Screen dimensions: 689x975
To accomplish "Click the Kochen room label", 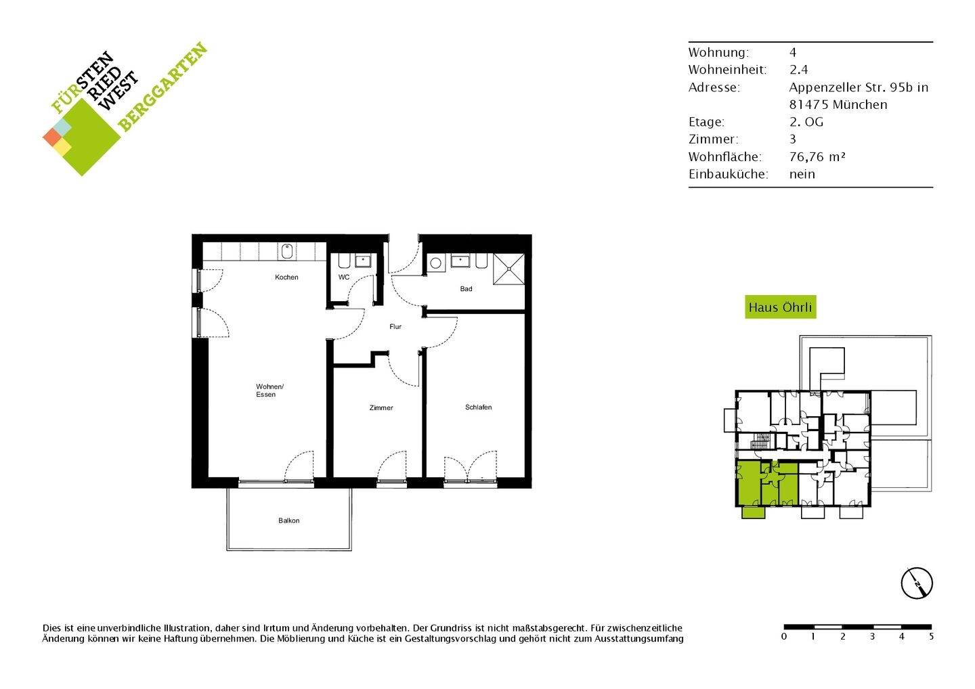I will [286, 277].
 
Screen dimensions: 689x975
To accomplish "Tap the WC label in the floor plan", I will [344, 277].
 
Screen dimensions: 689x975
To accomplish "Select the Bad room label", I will [466, 289].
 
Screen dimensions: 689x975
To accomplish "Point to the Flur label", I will [395, 327].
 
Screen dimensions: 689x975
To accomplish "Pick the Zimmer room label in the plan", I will [381, 408].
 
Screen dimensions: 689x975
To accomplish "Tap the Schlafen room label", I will [478, 407].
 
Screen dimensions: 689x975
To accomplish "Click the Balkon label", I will [288, 520].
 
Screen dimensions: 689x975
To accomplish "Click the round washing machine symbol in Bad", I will [435, 263].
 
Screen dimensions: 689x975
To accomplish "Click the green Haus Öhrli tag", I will [780, 307].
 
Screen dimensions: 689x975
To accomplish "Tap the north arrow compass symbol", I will [917, 582].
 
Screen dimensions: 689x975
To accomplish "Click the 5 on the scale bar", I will [931, 637].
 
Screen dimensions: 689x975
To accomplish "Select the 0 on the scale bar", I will [784, 637].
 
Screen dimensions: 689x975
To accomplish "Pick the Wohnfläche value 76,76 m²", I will [817, 157].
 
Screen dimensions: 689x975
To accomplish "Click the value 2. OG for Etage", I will [806, 123].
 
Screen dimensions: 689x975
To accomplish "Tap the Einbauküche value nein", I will [802, 174].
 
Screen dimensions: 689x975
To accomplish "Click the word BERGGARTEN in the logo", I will [162, 87].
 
